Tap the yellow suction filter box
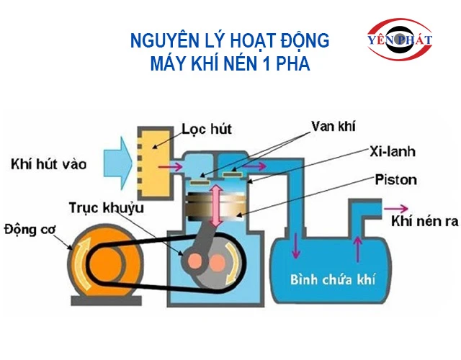154,163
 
